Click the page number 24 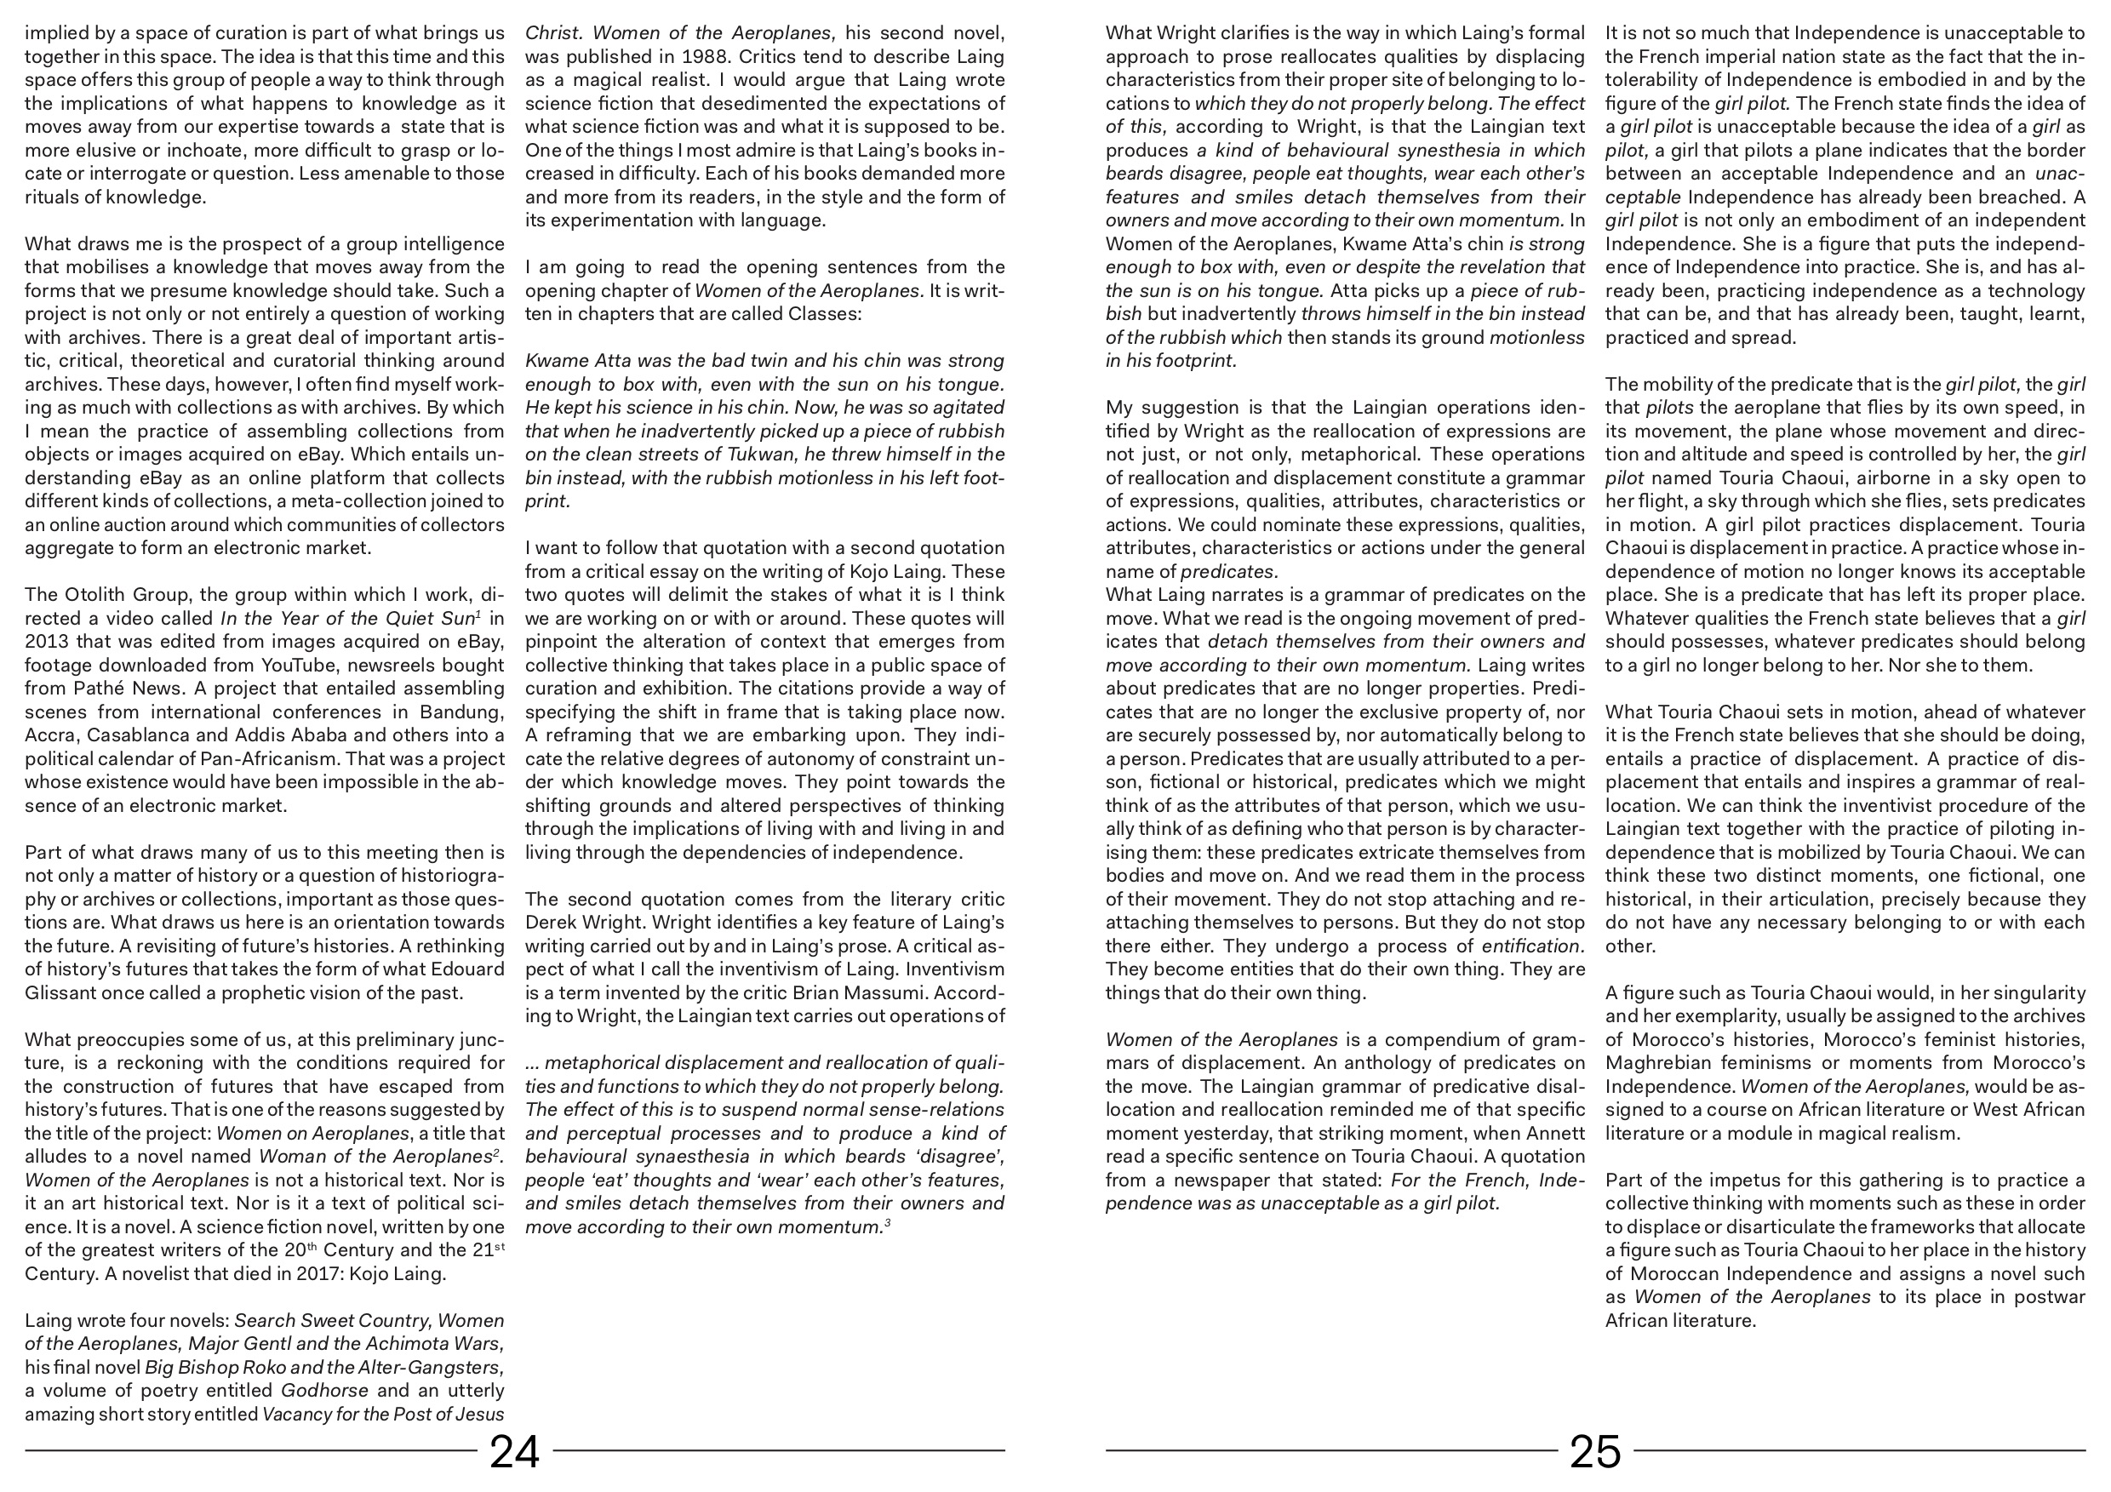[515, 1453]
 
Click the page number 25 [1595, 1453]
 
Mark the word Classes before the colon [824, 313]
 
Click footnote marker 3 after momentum [887, 1223]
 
